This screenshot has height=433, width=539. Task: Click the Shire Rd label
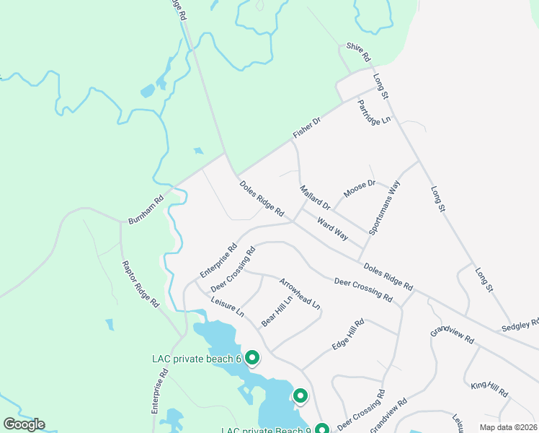[357, 51]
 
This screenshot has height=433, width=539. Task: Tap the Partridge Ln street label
[373, 112]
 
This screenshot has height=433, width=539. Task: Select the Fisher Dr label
[306, 128]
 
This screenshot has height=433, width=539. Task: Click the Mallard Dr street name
[315, 196]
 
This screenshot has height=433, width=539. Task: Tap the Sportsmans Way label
[384, 208]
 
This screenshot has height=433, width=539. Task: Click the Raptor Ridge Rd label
[140, 284]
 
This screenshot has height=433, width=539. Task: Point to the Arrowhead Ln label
[299, 293]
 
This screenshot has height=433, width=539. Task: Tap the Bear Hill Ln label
[277, 311]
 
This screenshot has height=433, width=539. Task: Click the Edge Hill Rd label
[348, 335]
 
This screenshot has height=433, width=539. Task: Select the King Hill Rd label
[490, 390]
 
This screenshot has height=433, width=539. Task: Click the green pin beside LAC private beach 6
[252, 357]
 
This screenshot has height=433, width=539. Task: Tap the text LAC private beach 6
[196, 359]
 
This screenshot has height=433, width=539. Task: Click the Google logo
[24, 424]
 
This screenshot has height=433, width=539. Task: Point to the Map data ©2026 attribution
[508, 427]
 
